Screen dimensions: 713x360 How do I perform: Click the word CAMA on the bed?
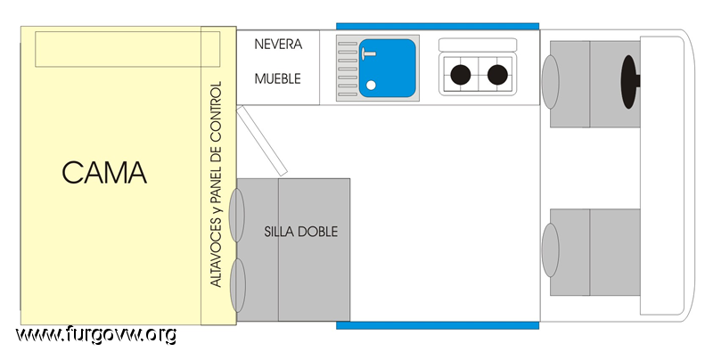coord(104,173)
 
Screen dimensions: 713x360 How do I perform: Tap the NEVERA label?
coord(278,44)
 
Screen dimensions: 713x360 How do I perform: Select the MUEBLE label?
coord(278,78)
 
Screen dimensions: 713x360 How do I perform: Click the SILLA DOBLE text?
coord(301,232)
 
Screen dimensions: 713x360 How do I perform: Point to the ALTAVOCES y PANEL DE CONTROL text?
coord(216,184)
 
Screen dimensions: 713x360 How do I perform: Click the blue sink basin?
coord(388,68)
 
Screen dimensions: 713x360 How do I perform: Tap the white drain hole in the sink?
coord(371,85)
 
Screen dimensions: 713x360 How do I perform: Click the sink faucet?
coord(367,54)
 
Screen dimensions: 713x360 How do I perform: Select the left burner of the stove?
coord(460,75)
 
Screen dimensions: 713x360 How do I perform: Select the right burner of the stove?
coord(497,75)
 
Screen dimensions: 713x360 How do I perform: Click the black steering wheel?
coord(629,82)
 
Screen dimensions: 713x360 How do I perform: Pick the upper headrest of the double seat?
coord(236,215)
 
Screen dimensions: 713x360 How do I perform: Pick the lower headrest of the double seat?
coord(237,285)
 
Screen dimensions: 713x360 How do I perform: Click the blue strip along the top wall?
coord(438,27)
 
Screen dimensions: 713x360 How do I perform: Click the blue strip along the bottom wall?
coord(438,325)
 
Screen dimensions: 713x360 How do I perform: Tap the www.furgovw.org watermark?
coord(96,335)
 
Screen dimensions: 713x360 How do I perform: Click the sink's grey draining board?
coord(348,69)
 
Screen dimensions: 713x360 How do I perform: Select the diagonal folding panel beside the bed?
coord(262,141)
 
